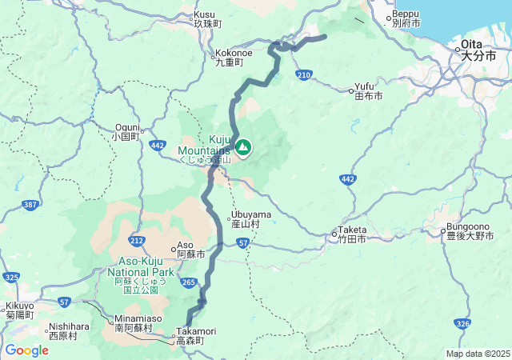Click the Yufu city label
coord(369,91)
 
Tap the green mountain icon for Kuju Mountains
coord(242,147)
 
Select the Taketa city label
coord(351,234)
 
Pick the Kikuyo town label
coord(19,310)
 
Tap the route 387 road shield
coord(30,206)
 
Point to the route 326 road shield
coord(462,323)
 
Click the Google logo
coord(26,350)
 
